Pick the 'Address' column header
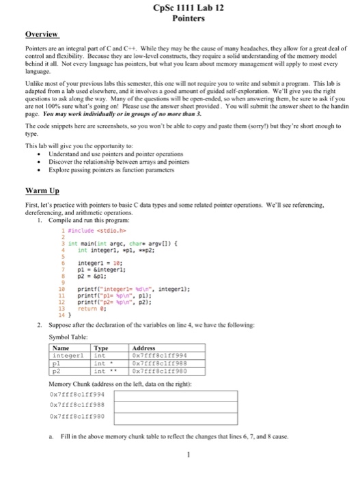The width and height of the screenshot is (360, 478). tap(144, 348)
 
